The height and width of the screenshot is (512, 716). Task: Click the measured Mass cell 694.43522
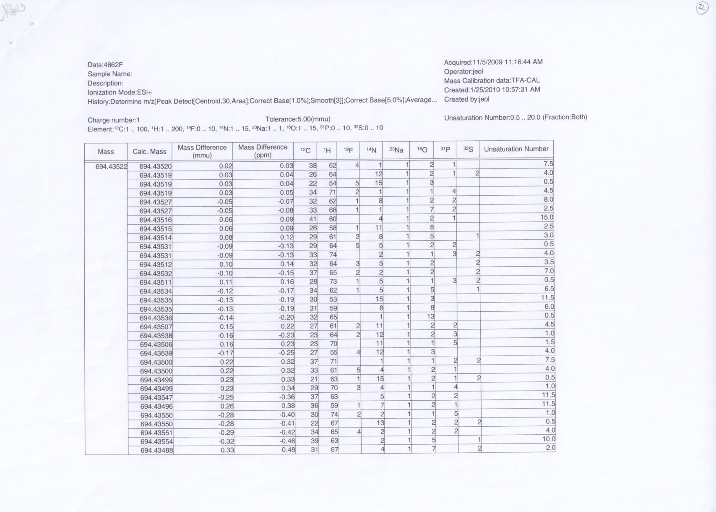(x=111, y=166)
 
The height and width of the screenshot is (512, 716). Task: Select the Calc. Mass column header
(x=149, y=152)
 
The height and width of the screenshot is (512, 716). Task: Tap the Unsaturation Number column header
(x=516, y=149)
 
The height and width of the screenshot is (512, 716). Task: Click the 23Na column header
(x=396, y=150)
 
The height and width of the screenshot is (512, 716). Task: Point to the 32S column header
(x=468, y=150)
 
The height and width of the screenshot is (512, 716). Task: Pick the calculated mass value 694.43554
(x=156, y=441)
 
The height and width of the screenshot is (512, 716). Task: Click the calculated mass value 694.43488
(x=156, y=450)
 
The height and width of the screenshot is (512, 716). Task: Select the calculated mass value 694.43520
(x=156, y=166)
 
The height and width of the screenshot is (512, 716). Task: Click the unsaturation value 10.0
(x=549, y=439)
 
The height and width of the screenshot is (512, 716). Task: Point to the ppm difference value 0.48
(x=288, y=450)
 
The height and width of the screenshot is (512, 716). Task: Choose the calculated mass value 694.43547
(x=156, y=397)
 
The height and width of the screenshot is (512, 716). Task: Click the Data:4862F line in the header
(x=105, y=65)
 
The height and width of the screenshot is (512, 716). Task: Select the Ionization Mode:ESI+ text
(x=120, y=92)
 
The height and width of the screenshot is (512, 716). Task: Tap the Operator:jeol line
(x=463, y=71)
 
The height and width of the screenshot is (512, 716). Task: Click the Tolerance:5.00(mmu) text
(x=298, y=119)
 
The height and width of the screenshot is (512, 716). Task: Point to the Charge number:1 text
(x=114, y=120)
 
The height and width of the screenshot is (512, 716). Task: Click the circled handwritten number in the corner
(x=702, y=8)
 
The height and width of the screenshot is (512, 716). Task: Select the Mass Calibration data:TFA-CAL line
(x=492, y=81)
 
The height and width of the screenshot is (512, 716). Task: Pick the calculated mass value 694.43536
(x=156, y=318)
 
